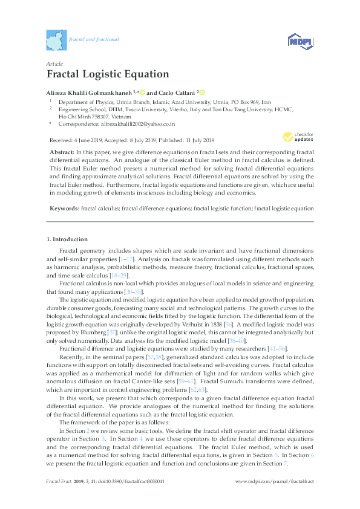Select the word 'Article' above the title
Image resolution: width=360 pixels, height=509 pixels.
(54, 63)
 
